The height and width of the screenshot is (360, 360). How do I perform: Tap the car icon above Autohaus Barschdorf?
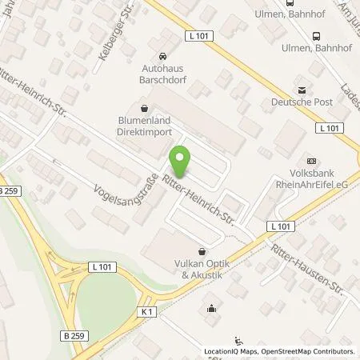[x=164, y=57]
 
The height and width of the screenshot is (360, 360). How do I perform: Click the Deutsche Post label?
[x=302, y=102]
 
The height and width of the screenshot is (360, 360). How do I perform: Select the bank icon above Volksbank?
[x=311, y=159]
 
